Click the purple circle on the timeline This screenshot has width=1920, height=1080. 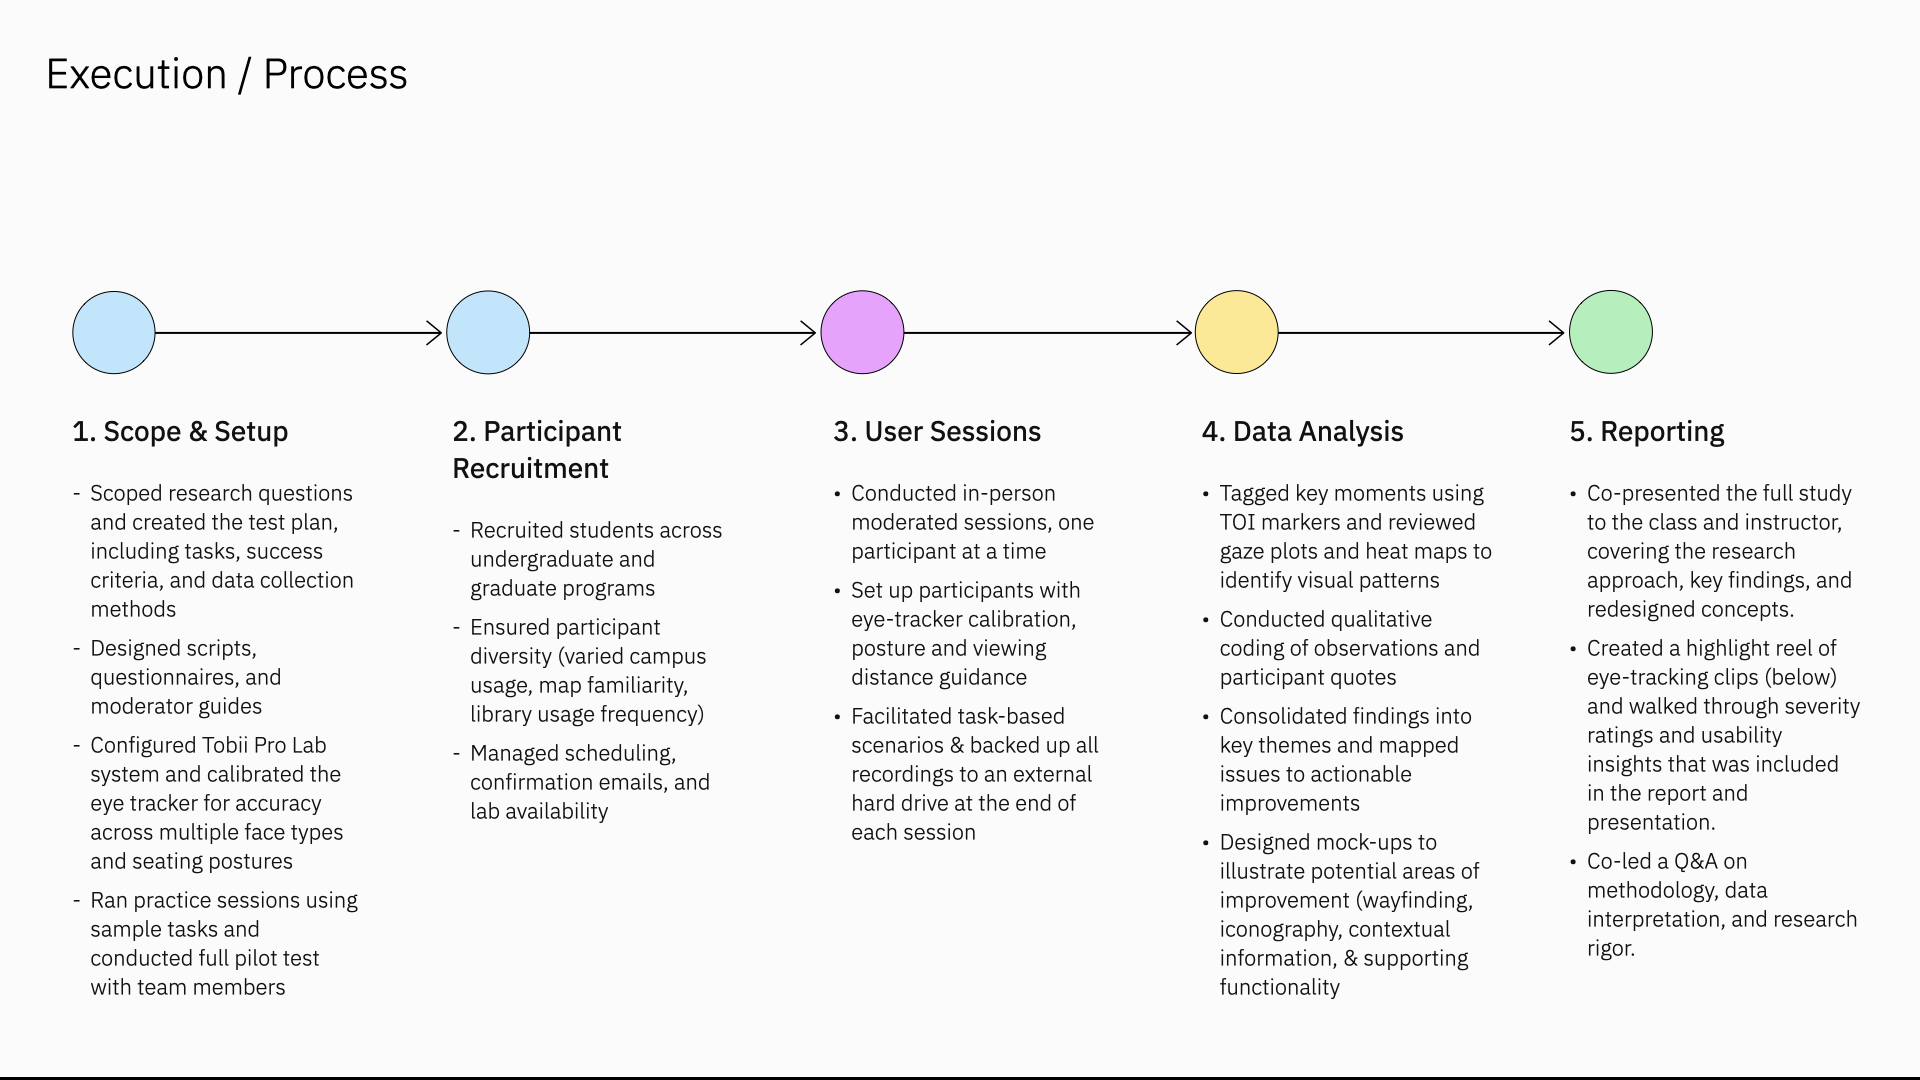[862, 332]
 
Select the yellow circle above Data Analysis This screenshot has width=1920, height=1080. [1237, 332]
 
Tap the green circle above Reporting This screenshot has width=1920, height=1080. [1611, 332]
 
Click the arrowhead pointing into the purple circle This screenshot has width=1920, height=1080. [810, 333]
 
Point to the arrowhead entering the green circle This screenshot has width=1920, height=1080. [1557, 333]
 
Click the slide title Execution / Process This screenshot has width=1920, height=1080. [227, 74]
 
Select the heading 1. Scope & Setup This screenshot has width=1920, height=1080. [180, 431]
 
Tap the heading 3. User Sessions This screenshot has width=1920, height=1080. [937, 431]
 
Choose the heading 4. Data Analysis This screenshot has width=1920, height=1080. [1302, 431]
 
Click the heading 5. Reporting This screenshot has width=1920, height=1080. [1647, 431]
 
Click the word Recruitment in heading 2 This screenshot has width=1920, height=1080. [530, 468]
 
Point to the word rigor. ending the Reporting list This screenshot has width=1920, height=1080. [1611, 948]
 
